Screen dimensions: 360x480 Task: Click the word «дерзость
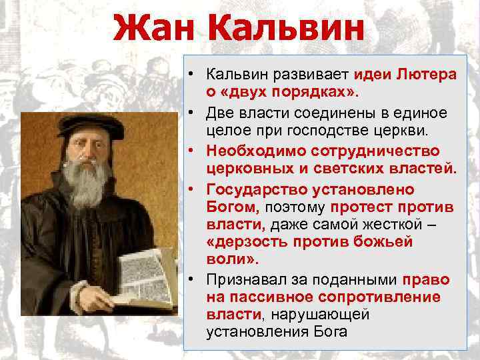click(x=250, y=241)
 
